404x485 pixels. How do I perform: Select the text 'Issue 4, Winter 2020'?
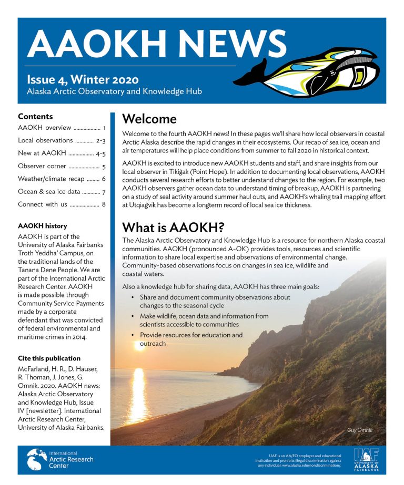[83, 80]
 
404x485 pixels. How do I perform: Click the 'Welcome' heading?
[149, 119]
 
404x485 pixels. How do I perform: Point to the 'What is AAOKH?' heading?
[173, 228]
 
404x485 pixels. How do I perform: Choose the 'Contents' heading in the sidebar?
[35, 116]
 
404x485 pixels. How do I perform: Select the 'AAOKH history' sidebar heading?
[43, 226]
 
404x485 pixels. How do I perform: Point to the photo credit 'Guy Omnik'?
[360, 430]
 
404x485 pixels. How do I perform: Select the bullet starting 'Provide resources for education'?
[191, 339]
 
